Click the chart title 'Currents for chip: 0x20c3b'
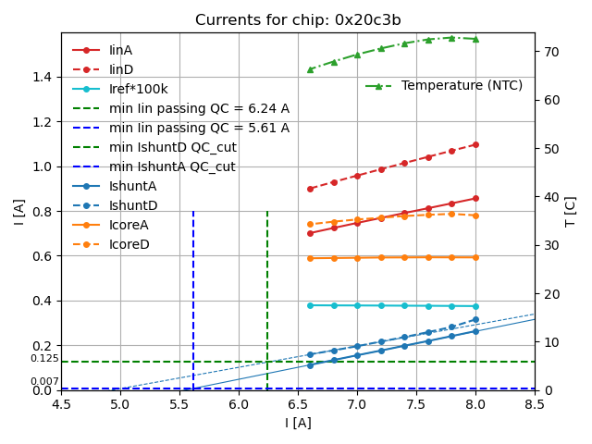pyautogui.click(x=298, y=20)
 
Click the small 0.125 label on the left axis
pyautogui.click(x=44, y=359)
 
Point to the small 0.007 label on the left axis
pyautogui.click(x=44, y=382)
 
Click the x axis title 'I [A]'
pyautogui.click(x=298, y=423)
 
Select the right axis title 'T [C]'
pyautogui.click(x=571, y=212)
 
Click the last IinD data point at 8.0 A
pyautogui.click(x=475, y=144)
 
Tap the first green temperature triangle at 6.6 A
pyautogui.click(x=310, y=69)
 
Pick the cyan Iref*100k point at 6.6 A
pyautogui.click(x=310, y=305)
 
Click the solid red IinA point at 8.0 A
pyautogui.click(x=475, y=198)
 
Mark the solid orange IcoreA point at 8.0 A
pyautogui.click(x=475, y=257)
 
